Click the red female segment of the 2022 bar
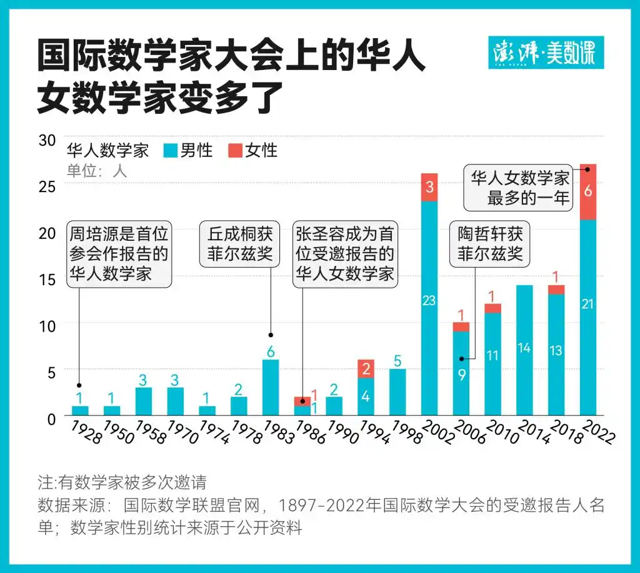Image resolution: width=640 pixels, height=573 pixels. (589, 192)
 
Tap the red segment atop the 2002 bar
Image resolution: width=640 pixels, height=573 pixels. (429, 187)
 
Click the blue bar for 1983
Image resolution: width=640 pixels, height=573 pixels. (271, 388)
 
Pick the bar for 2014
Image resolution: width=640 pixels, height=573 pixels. (525, 350)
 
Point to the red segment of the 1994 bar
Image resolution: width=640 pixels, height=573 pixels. (366, 369)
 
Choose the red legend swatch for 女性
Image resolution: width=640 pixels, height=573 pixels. (234, 151)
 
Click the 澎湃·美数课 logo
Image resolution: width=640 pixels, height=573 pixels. (545, 53)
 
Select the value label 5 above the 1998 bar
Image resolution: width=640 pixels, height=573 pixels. (397, 360)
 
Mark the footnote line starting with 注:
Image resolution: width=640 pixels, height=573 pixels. (122, 483)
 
